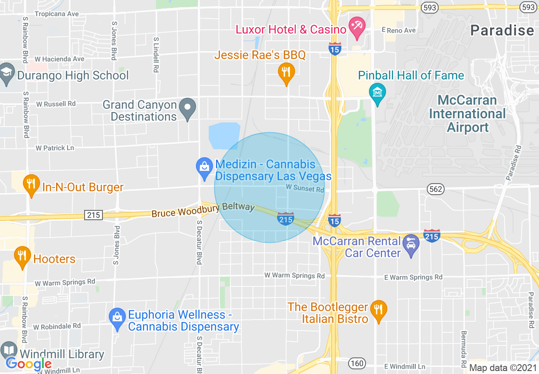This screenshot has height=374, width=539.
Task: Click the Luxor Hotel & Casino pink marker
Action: point(356,27)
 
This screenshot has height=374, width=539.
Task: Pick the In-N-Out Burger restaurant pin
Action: point(31,184)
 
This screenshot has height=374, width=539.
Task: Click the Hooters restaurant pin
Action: point(23,256)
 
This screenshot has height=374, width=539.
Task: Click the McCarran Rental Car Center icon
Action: point(411,244)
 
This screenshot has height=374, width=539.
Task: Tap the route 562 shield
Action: point(436,189)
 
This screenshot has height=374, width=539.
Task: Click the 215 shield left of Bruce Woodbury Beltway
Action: point(93,215)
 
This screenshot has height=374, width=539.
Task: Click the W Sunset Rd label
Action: point(305,188)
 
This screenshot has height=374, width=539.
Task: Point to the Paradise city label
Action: point(502,30)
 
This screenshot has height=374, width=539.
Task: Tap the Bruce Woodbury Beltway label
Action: point(203,210)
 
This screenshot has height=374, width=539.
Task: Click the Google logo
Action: point(28,364)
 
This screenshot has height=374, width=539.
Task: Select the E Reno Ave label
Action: point(399,30)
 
